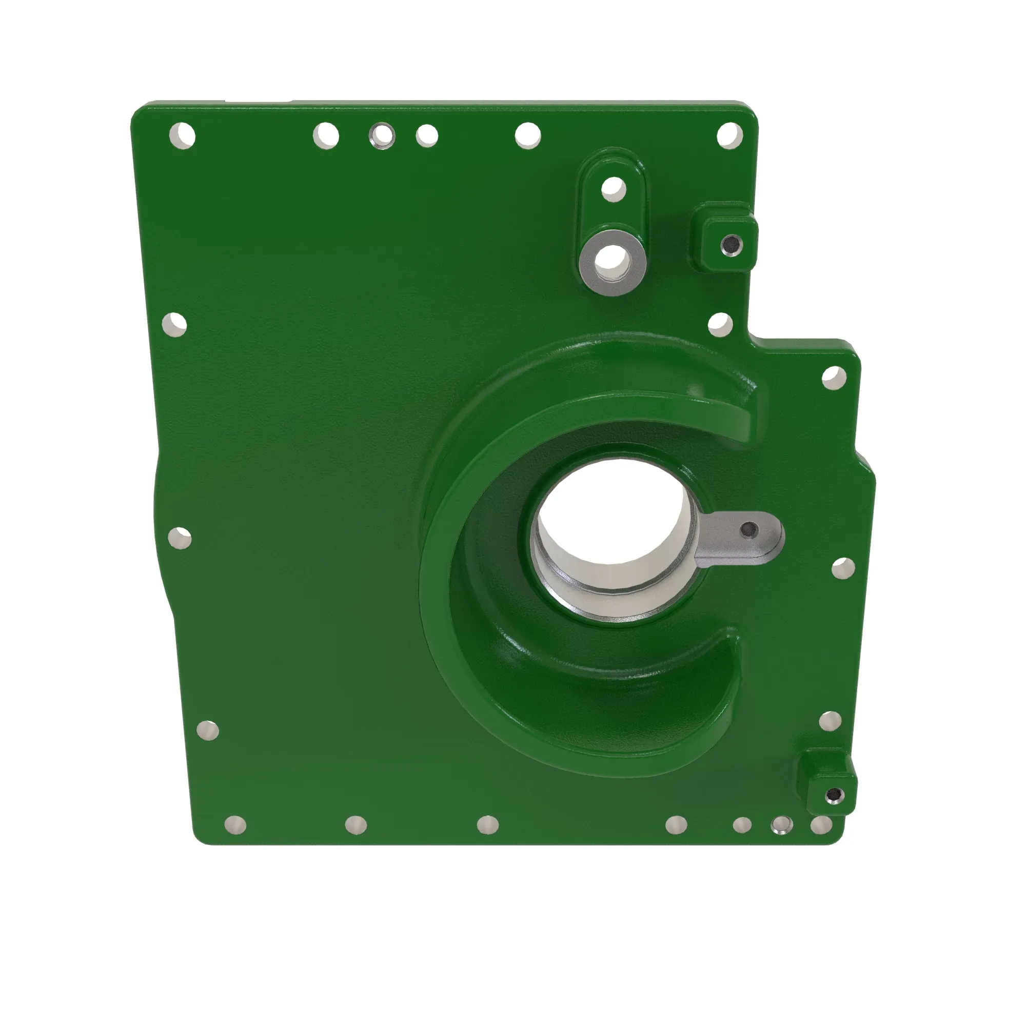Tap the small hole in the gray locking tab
[749, 529]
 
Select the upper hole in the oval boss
[614, 188]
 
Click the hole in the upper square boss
[731, 244]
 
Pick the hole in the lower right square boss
[835, 795]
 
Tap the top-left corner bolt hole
[182, 136]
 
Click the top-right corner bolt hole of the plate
[729, 135]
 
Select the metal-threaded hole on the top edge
[382, 135]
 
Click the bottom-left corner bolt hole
[235, 825]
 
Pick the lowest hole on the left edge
[208, 730]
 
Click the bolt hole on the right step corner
[834, 378]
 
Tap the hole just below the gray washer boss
[720, 324]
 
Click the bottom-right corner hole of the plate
[821, 825]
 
